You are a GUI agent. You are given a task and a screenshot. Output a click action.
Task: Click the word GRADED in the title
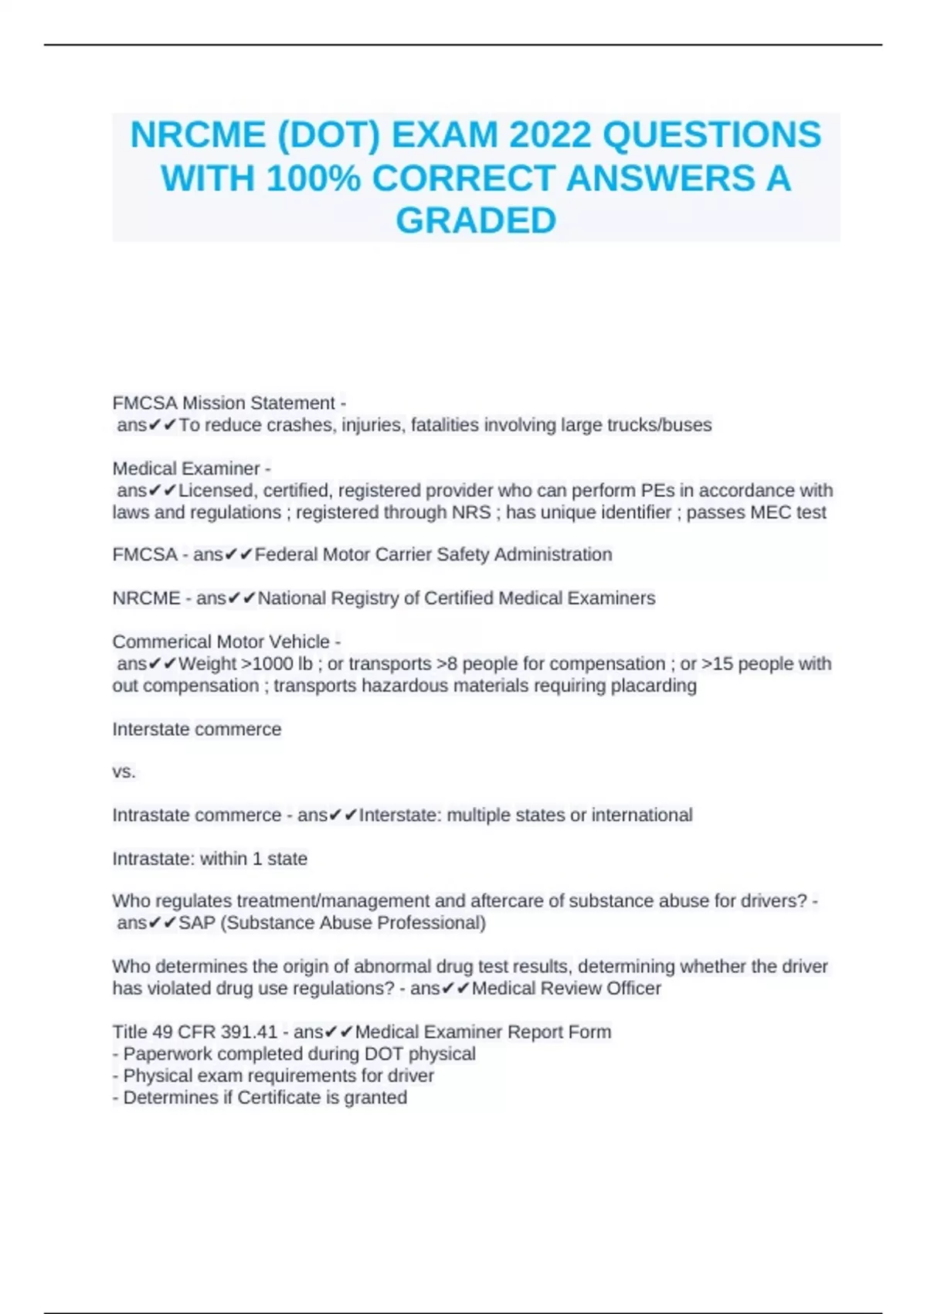tap(476, 221)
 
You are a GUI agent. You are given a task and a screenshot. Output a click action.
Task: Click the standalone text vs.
tap(124, 771)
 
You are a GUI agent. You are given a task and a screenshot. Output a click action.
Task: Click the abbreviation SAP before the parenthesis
tap(197, 923)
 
